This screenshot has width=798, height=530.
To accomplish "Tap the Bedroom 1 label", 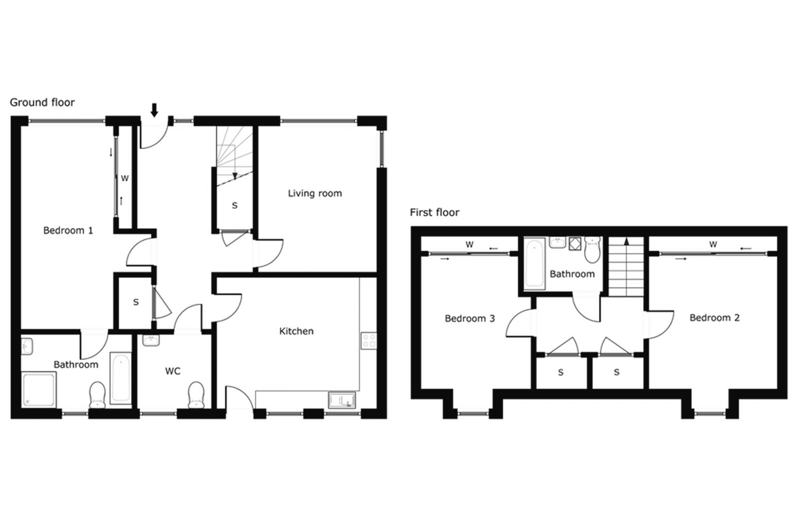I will pyautogui.click(x=68, y=231).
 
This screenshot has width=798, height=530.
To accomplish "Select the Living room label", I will pyautogui.click(x=315, y=193).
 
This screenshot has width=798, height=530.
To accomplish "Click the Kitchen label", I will pyautogui.click(x=296, y=331).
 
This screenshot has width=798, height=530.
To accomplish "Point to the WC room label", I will pyautogui.click(x=173, y=371).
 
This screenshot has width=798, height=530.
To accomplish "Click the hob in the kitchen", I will pyautogui.click(x=368, y=341).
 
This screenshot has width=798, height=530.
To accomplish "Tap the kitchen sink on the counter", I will pyautogui.click(x=342, y=400).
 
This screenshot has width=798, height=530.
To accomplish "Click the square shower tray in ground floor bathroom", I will pyautogui.click(x=39, y=389).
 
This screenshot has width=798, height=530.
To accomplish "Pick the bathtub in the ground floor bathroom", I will pyautogui.click(x=120, y=378).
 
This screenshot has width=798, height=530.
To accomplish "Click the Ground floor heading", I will pyautogui.click(x=42, y=102).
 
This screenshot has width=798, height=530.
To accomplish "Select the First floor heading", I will pyautogui.click(x=435, y=213).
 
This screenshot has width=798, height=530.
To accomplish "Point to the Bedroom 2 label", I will pyautogui.click(x=715, y=318).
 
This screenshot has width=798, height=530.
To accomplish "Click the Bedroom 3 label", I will pyautogui.click(x=470, y=318).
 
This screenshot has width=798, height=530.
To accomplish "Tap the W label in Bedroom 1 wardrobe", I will pyautogui.click(x=125, y=178).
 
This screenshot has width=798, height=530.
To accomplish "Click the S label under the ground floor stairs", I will pyautogui.click(x=235, y=205).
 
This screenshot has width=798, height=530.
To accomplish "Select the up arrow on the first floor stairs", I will pyautogui.click(x=626, y=241).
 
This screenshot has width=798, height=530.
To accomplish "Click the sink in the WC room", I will pyautogui.click(x=151, y=340).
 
